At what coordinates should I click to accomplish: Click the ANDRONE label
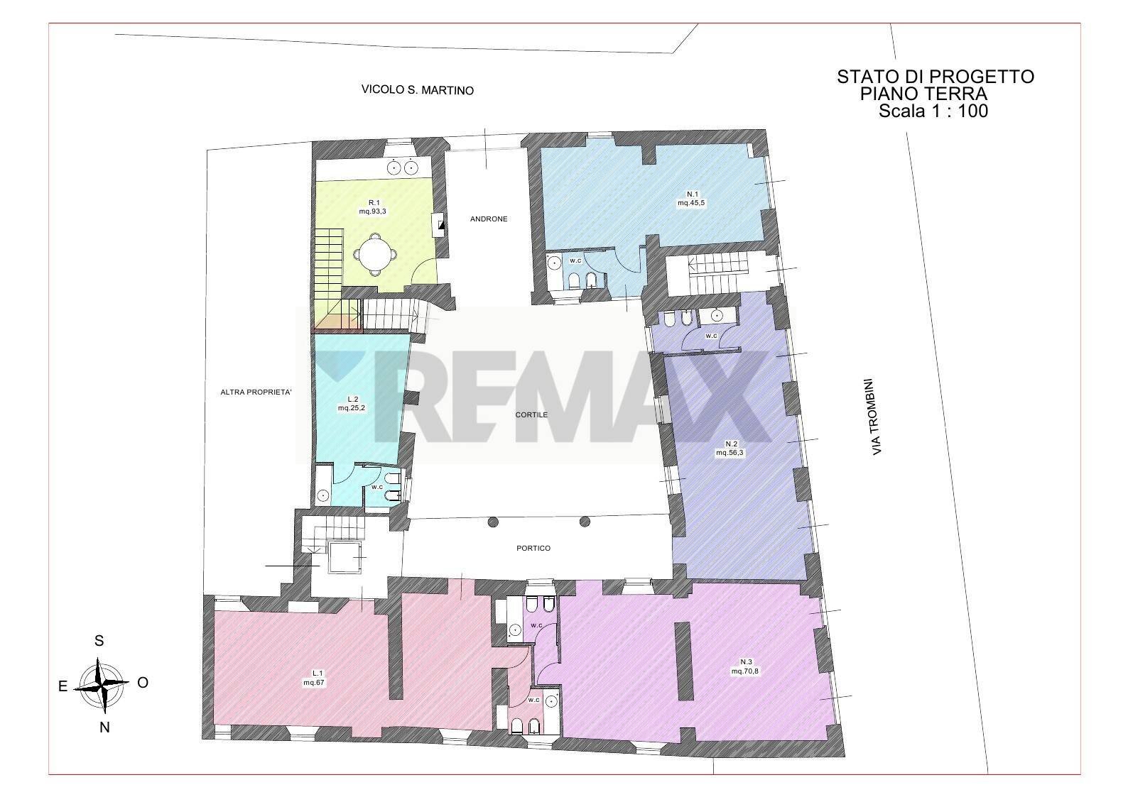[489, 219]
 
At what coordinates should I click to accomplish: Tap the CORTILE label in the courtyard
[531, 414]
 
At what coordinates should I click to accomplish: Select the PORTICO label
[533, 548]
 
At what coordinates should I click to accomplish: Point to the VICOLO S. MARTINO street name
[417, 91]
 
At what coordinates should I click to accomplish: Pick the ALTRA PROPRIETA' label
[256, 391]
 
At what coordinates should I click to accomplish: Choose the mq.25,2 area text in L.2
[352, 408]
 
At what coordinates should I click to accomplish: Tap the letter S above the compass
[99, 641]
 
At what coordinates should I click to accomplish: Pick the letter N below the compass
[104, 727]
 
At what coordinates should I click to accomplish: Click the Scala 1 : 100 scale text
[933, 111]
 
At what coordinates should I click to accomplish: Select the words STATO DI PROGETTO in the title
[936, 77]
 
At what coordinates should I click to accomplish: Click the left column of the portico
[491, 522]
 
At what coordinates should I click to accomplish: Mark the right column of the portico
[585, 522]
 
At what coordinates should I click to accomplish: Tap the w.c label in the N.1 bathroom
[575, 260]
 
